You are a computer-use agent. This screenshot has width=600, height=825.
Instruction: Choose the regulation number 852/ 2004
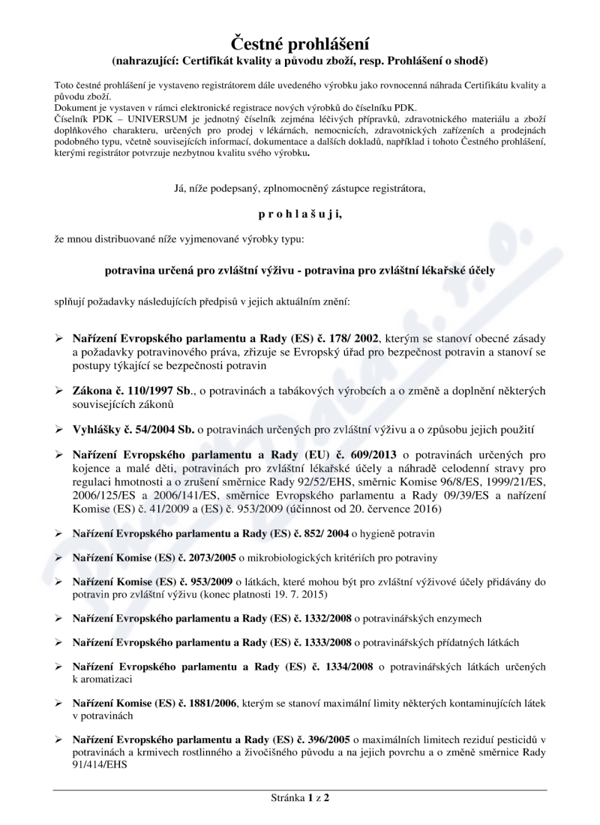point(322,532)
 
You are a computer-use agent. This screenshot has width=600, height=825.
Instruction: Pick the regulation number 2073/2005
point(205,559)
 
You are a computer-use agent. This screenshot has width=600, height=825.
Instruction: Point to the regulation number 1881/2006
point(205,703)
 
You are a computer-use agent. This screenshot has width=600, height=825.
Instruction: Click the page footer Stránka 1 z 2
point(299,797)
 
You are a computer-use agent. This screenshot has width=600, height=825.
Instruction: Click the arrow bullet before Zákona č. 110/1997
point(59,391)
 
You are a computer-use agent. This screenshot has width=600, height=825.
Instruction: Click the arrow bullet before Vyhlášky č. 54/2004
point(59,428)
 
